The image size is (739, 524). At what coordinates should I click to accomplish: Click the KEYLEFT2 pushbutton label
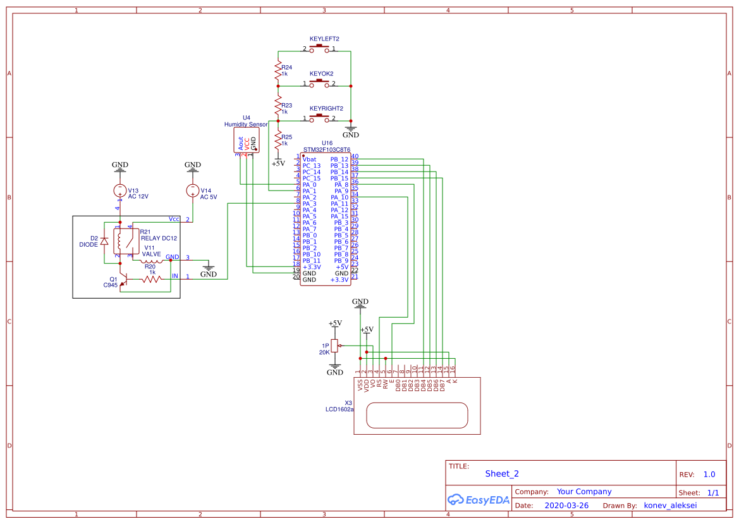click(324, 39)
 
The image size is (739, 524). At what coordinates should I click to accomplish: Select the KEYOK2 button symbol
click(321, 82)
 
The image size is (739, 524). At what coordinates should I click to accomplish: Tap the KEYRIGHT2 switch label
click(326, 108)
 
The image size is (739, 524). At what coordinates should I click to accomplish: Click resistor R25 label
click(286, 140)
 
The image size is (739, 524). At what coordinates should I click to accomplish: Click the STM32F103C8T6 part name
click(327, 150)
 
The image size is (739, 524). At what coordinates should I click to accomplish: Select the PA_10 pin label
click(339, 197)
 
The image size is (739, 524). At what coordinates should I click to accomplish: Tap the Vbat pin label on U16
click(309, 159)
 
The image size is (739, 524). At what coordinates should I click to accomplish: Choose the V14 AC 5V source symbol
click(193, 190)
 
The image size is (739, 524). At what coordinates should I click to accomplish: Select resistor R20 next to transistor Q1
click(150, 279)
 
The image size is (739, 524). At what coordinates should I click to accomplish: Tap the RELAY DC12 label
click(159, 238)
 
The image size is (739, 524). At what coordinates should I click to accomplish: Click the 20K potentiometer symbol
click(335, 345)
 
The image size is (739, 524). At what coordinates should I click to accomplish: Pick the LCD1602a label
click(339, 409)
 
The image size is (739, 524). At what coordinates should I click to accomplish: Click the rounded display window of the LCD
click(417, 415)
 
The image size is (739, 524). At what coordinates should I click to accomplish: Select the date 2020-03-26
click(566, 506)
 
